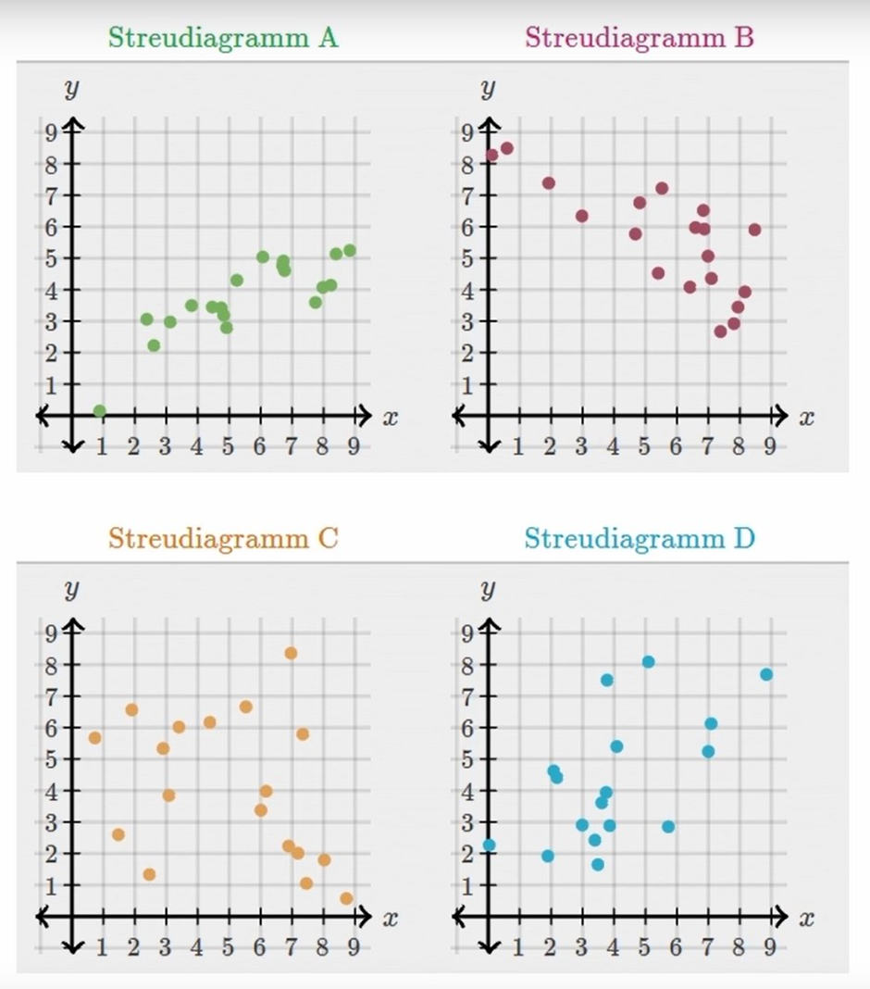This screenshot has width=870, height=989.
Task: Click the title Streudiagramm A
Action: pos(223,38)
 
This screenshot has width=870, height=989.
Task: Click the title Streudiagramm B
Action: pos(639,38)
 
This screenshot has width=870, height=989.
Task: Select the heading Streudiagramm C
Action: pos(223,538)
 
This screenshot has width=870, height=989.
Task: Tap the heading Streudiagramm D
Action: pos(639,538)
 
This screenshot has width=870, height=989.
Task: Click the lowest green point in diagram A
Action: pos(100,411)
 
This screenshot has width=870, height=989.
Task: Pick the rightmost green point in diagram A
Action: pos(349,251)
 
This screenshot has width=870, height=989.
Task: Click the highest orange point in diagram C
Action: pos(291,654)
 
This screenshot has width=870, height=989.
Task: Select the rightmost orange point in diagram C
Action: pos(346,898)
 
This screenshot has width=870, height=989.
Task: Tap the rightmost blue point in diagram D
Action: pos(766,674)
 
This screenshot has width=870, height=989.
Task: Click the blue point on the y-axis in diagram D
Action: pos(490,845)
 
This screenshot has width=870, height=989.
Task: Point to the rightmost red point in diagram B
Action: pos(754,230)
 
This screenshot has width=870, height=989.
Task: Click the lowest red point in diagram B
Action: pos(720,332)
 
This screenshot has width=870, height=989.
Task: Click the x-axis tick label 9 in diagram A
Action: pos(354,447)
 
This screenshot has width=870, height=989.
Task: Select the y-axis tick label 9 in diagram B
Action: pos(466,131)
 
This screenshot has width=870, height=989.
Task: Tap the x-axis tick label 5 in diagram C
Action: pos(228,947)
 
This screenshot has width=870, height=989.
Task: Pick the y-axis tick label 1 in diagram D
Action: pos(466,884)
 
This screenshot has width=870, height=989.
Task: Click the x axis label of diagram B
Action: pos(806,418)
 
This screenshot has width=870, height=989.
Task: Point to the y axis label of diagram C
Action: pos(70,588)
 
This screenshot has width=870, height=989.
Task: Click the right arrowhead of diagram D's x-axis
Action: pos(782,917)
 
